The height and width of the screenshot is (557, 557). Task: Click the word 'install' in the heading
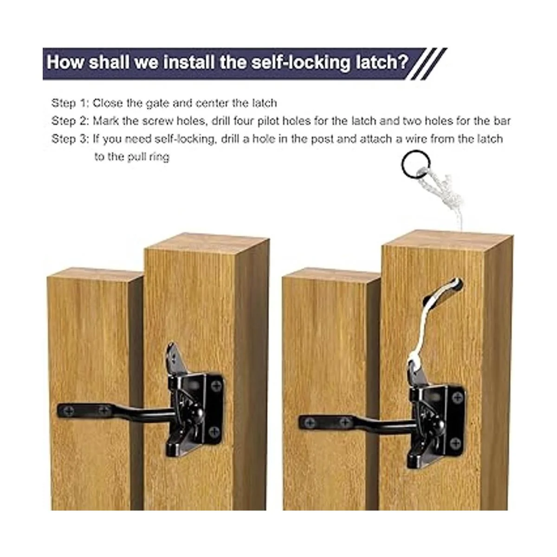click(x=189, y=62)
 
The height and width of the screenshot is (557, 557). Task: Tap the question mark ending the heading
click(x=403, y=62)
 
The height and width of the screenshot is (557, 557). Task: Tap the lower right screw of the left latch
click(x=214, y=432)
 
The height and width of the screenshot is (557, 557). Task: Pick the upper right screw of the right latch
click(x=457, y=397)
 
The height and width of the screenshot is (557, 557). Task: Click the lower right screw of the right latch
click(x=455, y=442)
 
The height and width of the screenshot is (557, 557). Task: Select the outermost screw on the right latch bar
click(x=310, y=422)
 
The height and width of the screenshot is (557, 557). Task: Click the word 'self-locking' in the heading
click(x=301, y=63)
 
